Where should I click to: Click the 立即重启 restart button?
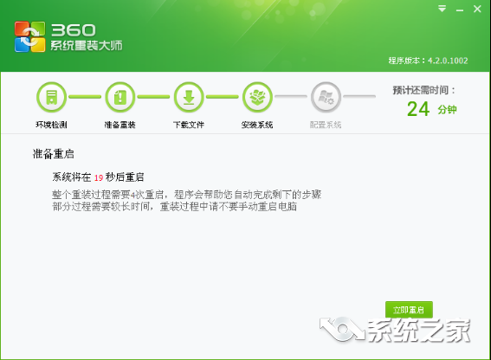pyautogui.click(x=409, y=309)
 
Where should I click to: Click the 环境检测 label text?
pyautogui.click(x=51, y=125)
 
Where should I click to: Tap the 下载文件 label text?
pyautogui.click(x=189, y=125)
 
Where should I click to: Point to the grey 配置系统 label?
pyautogui.click(x=326, y=125)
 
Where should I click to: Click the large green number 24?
pyautogui.click(x=418, y=109)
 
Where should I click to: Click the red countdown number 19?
pyautogui.click(x=100, y=177)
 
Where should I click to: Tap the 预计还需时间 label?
pyautogui.click(x=423, y=89)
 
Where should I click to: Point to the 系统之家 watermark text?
pyautogui.click(x=415, y=330)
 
